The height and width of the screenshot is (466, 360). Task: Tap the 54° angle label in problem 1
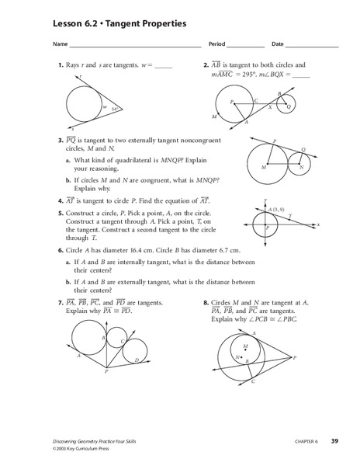(114, 110)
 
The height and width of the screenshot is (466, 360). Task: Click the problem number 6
(60, 251)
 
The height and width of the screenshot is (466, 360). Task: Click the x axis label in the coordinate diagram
(318, 224)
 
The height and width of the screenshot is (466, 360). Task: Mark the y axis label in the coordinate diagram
(266, 200)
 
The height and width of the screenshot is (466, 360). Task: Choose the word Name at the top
(60, 43)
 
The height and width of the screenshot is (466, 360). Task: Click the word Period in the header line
(217, 43)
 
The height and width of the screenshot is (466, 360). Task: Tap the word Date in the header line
(278, 43)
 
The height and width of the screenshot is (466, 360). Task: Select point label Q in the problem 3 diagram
(303, 149)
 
